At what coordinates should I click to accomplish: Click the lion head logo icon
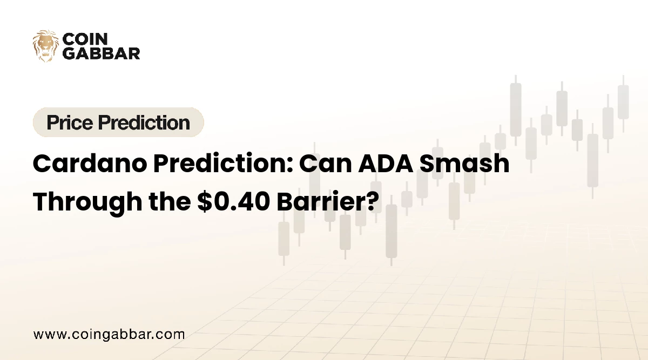tap(45, 46)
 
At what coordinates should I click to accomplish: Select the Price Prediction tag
tap(118, 123)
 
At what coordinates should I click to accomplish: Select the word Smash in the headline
tap(469, 164)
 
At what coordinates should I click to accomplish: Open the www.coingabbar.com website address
tap(109, 334)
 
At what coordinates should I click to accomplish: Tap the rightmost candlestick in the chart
tap(623, 103)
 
